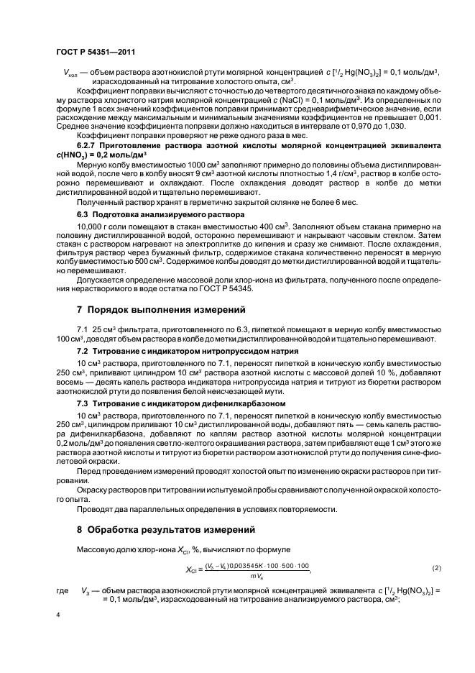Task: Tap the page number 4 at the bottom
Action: [x=58, y=615]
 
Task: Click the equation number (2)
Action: [x=415, y=568]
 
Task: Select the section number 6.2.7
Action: [x=88, y=145]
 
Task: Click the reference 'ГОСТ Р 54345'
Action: [x=229, y=289]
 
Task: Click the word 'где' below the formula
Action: [x=62, y=589]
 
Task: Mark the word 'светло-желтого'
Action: [x=176, y=443]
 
